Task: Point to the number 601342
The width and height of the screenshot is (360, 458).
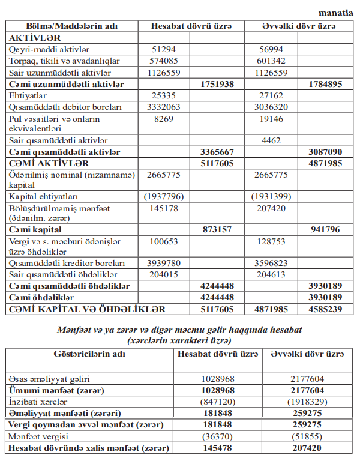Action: pyautogui.click(x=270, y=61)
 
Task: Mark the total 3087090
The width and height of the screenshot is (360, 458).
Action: pyautogui.click(x=325, y=152)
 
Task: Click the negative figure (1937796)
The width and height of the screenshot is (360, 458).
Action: pyautogui.click(x=164, y=196)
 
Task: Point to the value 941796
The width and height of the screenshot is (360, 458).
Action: pyautogui.click(x=325, y=229)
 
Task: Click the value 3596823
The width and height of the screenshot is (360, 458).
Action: pyautogui.click(x=271, y=264)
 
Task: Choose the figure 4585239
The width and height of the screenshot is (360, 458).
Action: pyautogui.click(x=325, y=309)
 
